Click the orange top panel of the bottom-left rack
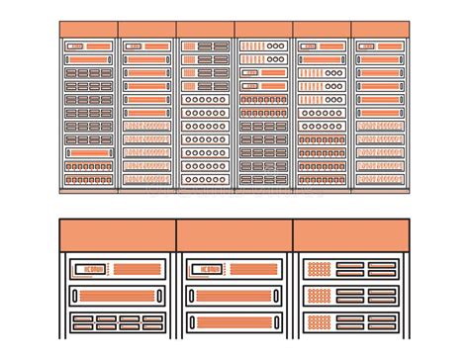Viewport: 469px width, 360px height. point(117,235)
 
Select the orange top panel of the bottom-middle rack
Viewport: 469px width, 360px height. point(234,235)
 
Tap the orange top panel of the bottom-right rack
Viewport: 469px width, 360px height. point(351,235)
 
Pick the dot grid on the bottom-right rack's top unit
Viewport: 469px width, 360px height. point(319,268)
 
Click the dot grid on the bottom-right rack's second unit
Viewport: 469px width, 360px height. point(319,295)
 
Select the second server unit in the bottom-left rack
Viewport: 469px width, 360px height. point(117,296)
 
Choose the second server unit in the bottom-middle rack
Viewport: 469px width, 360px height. point(234,296)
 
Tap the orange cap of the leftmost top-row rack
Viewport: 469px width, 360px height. point(88,30)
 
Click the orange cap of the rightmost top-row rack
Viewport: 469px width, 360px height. point(381,30)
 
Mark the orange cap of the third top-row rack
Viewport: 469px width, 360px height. point(205,30)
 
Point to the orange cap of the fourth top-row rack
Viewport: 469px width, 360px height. point(263,30)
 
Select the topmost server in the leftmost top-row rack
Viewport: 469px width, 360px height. point(88,46)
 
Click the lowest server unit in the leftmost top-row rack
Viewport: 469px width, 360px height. point(88,179)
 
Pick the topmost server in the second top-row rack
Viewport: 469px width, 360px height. point(146,46)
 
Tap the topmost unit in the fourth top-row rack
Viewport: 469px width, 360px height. point(263,46)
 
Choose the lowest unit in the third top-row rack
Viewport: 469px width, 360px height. point(205,179)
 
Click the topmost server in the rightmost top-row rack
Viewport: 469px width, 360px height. point(381,46)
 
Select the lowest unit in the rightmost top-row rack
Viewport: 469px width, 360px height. point(381,179)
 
